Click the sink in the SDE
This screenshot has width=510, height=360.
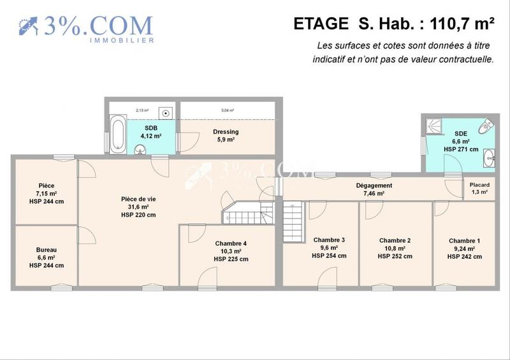[x=490, y=157]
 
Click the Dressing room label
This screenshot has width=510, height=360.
[x=225, y=132]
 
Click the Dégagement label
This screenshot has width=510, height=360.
[x=374, y=185]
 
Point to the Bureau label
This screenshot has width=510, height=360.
[x=45, y=250]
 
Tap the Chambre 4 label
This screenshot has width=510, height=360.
[x=231, y=243]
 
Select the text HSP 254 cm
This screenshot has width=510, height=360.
[x=329, y=256]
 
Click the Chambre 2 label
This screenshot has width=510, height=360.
[x=395, y=240]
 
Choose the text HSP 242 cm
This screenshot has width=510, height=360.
[x=464, y=256]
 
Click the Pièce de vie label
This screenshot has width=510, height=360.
[x=138, y=199]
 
